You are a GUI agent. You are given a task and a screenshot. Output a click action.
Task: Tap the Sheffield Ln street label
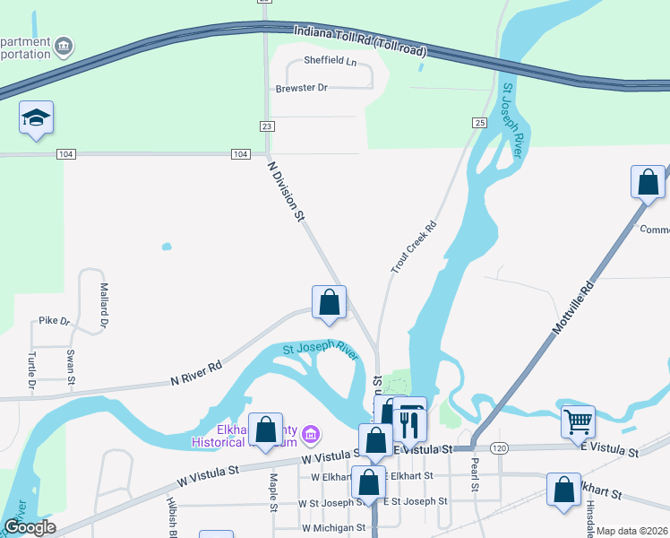pos(330,61)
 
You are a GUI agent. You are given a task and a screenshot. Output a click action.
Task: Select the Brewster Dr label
pos(302,88)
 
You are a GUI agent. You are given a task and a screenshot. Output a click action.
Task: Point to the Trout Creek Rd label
pos(412,247)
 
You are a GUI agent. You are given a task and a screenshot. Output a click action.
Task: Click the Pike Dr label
pos(54,320)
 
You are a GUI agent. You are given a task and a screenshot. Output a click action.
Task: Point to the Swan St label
pos(71,364)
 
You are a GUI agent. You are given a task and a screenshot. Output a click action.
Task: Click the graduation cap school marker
pos(37,117)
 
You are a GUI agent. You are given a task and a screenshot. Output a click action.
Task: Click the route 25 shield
pos(480,122)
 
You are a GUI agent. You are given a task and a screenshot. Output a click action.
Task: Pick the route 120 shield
pos(499,447)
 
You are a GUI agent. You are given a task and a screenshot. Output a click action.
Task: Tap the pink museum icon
pos(311,436)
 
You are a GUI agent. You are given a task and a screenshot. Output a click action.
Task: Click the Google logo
pos(30,528)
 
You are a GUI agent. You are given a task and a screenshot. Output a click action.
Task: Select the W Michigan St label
pos(332,528)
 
